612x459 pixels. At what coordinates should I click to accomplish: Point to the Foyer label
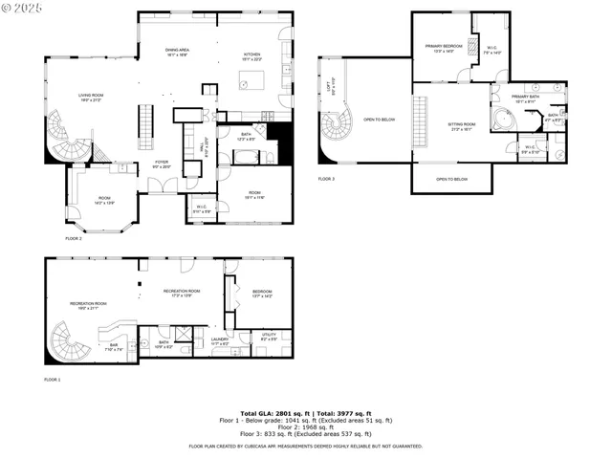click(162, 164)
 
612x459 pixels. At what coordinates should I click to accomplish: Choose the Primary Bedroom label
click(444, 48)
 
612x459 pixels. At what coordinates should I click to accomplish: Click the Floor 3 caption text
click(326, 179)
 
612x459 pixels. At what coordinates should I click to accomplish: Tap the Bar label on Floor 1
click(113, 346)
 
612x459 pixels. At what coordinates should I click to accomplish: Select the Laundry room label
click(212, 340)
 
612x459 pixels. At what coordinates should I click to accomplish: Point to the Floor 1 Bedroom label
click(262, 294)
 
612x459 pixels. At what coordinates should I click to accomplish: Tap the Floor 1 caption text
click(52, 380)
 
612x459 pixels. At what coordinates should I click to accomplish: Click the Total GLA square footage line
click(305, 412)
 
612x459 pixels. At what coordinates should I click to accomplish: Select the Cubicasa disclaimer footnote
click(305, 446)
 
